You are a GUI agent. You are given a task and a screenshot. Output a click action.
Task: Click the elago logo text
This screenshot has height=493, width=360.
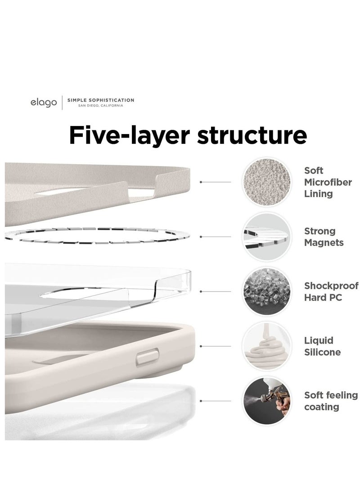pos(44,103)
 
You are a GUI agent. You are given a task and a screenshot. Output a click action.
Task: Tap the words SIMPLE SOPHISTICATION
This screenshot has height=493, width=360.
pos(100,100)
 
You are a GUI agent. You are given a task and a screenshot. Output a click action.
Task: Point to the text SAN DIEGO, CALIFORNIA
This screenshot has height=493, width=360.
pos(94,106)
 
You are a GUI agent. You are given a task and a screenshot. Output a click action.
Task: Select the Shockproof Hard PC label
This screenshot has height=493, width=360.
pos(331,291)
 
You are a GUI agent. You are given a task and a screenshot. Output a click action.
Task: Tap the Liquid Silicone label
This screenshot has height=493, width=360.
pos(322,346)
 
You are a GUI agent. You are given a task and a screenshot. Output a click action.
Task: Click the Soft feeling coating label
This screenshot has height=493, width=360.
pos(331,401)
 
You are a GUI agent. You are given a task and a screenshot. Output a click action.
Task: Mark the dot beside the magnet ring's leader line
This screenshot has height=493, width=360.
pos(201,237)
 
